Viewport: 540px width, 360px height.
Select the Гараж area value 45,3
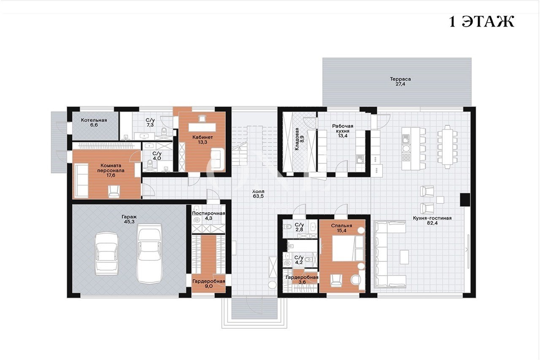point(129,222)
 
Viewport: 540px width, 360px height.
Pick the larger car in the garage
point(149,254)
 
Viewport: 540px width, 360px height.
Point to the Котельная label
point(94,120)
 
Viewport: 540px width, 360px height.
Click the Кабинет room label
point(202,137)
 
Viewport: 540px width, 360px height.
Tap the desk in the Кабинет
point(202,127)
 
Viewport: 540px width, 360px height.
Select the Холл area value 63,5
point(258,196)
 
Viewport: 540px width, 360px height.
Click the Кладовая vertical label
point(297,139)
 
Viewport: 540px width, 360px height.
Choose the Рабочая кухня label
point(343,128)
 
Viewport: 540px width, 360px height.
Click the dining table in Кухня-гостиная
point(448,147)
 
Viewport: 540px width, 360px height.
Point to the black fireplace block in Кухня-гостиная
point(465,200)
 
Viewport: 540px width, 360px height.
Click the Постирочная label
point(208,214)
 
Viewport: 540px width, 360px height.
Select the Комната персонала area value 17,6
point(111,175)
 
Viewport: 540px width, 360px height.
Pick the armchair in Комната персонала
point(114,191)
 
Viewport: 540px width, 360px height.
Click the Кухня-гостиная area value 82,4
point(432,223)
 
